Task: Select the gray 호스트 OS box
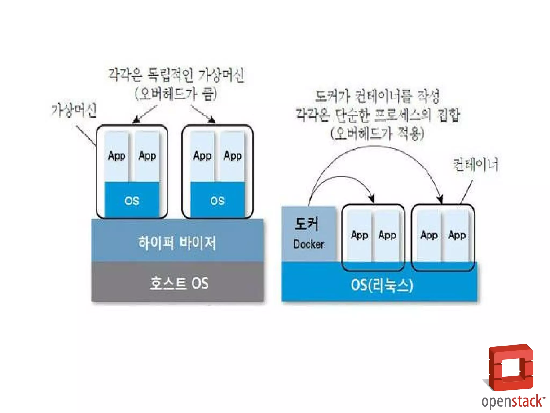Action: point(179,283)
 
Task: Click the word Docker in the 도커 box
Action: point(309,244)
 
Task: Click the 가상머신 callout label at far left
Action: point(74,110)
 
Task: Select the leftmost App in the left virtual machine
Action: point(116,156)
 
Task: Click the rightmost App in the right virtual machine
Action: point(233,156)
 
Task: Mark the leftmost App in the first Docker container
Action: point(359,235)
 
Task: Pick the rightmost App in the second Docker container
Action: point(457,235)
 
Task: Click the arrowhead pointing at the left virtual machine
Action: point(136,120)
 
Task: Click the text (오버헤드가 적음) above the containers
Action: point(377,134)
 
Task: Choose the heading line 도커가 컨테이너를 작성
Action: point(377,96)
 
